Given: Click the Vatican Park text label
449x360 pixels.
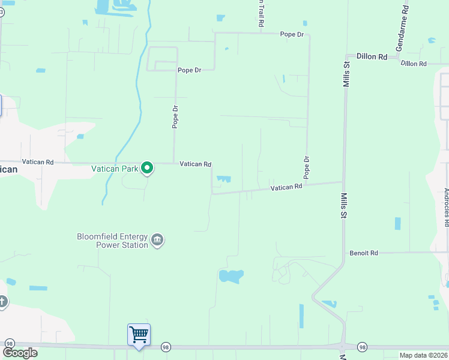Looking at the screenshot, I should [x=115, y=169].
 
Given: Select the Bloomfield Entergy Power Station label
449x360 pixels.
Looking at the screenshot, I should [x=112, y=241].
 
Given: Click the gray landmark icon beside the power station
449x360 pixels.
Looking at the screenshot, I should [x=157, y=241].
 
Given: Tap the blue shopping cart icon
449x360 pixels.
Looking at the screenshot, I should [x=139, y=334].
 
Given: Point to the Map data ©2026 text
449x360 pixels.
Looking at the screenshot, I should [x=424, y=355].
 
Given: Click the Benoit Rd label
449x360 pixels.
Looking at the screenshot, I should [x=364, y=253].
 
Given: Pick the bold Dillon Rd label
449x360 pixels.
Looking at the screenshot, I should [x=372, y=56].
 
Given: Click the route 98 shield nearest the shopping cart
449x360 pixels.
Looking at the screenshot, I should [x=166, y=347].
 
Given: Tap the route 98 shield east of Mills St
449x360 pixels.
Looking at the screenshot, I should [x=362, y=347].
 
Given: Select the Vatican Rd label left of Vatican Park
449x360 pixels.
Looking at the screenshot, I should [x=38, y=162].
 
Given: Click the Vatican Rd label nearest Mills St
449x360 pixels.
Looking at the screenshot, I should [x=286, y=188].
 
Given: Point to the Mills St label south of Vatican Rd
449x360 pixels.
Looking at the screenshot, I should [x=345, y=205].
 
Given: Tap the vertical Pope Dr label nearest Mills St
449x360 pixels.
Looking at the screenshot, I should [x=306, y=167].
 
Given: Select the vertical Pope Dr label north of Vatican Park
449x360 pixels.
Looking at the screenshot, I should [x=175, y=117].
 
